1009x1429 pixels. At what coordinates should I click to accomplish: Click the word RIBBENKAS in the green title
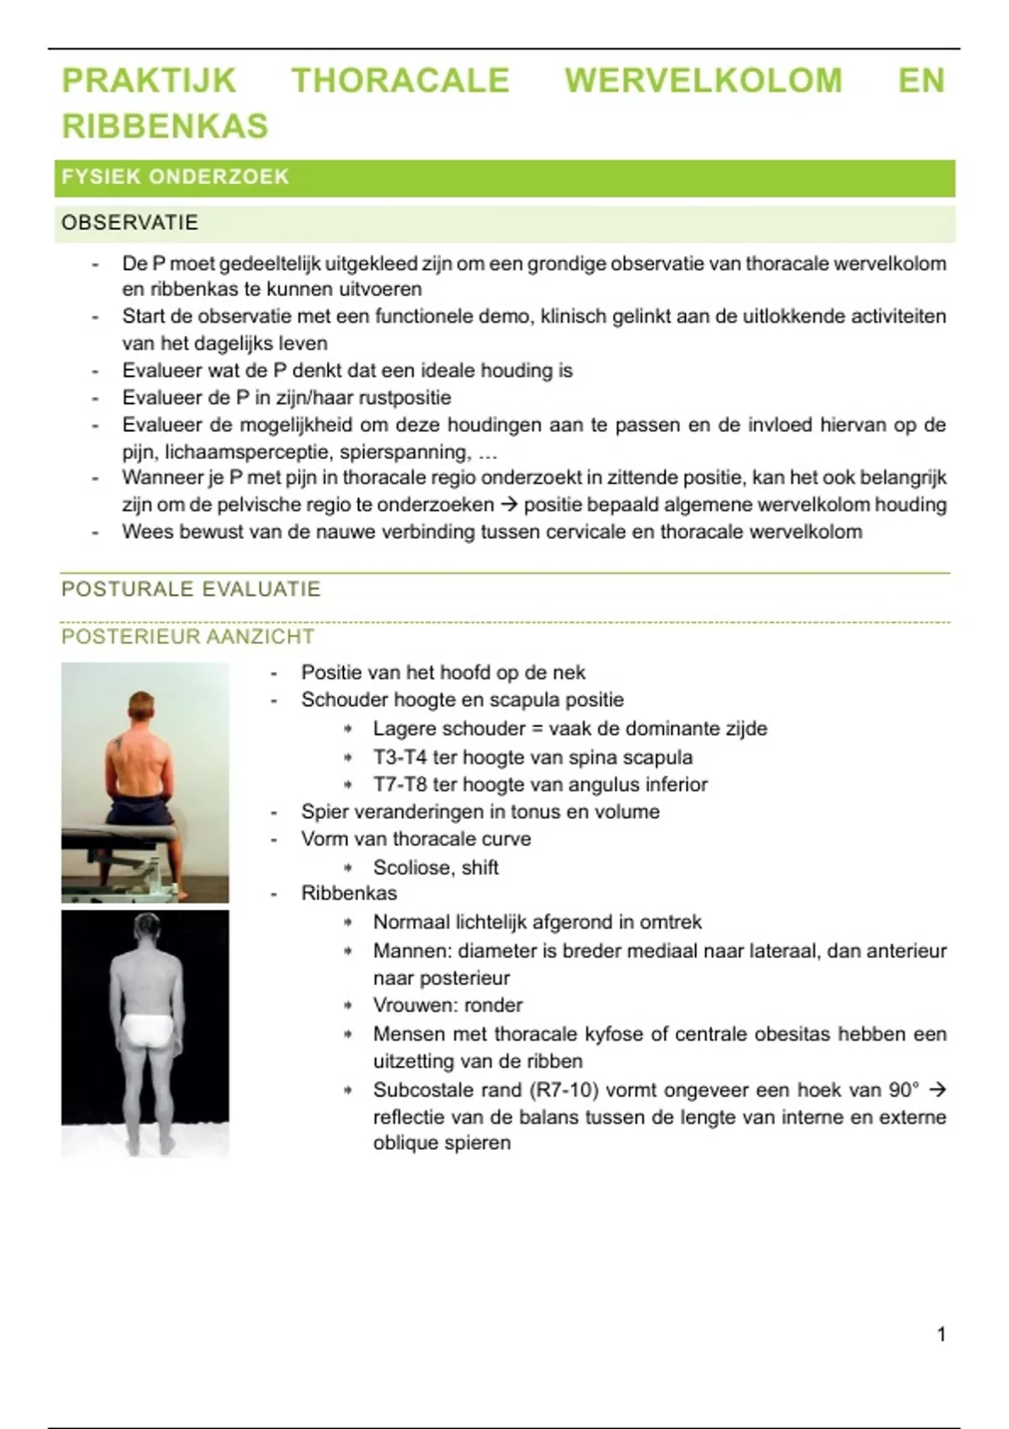pyautogui.click(x=165, y=126)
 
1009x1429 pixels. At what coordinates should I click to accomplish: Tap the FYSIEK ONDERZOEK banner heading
pyautogui.click(x=175, y=177)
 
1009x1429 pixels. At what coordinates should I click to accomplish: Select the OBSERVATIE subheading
pyautogui.click(x=129, y=223)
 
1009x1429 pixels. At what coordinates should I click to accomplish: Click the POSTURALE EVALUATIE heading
pyautogui.click(x=191, y=589)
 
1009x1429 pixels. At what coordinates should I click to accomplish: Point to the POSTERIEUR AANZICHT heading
pyautogui.click(x=188, y=637)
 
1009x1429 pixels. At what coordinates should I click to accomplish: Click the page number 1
pyautogui.click(x=941, y=1334)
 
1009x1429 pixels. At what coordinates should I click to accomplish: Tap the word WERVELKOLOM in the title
pyautogui.click(x=703, y=81)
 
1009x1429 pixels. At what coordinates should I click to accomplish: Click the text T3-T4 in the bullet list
pyautogui.click(x=399, y=757)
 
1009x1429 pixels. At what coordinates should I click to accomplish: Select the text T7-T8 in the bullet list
pyautogui.click(x=399, y=784)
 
